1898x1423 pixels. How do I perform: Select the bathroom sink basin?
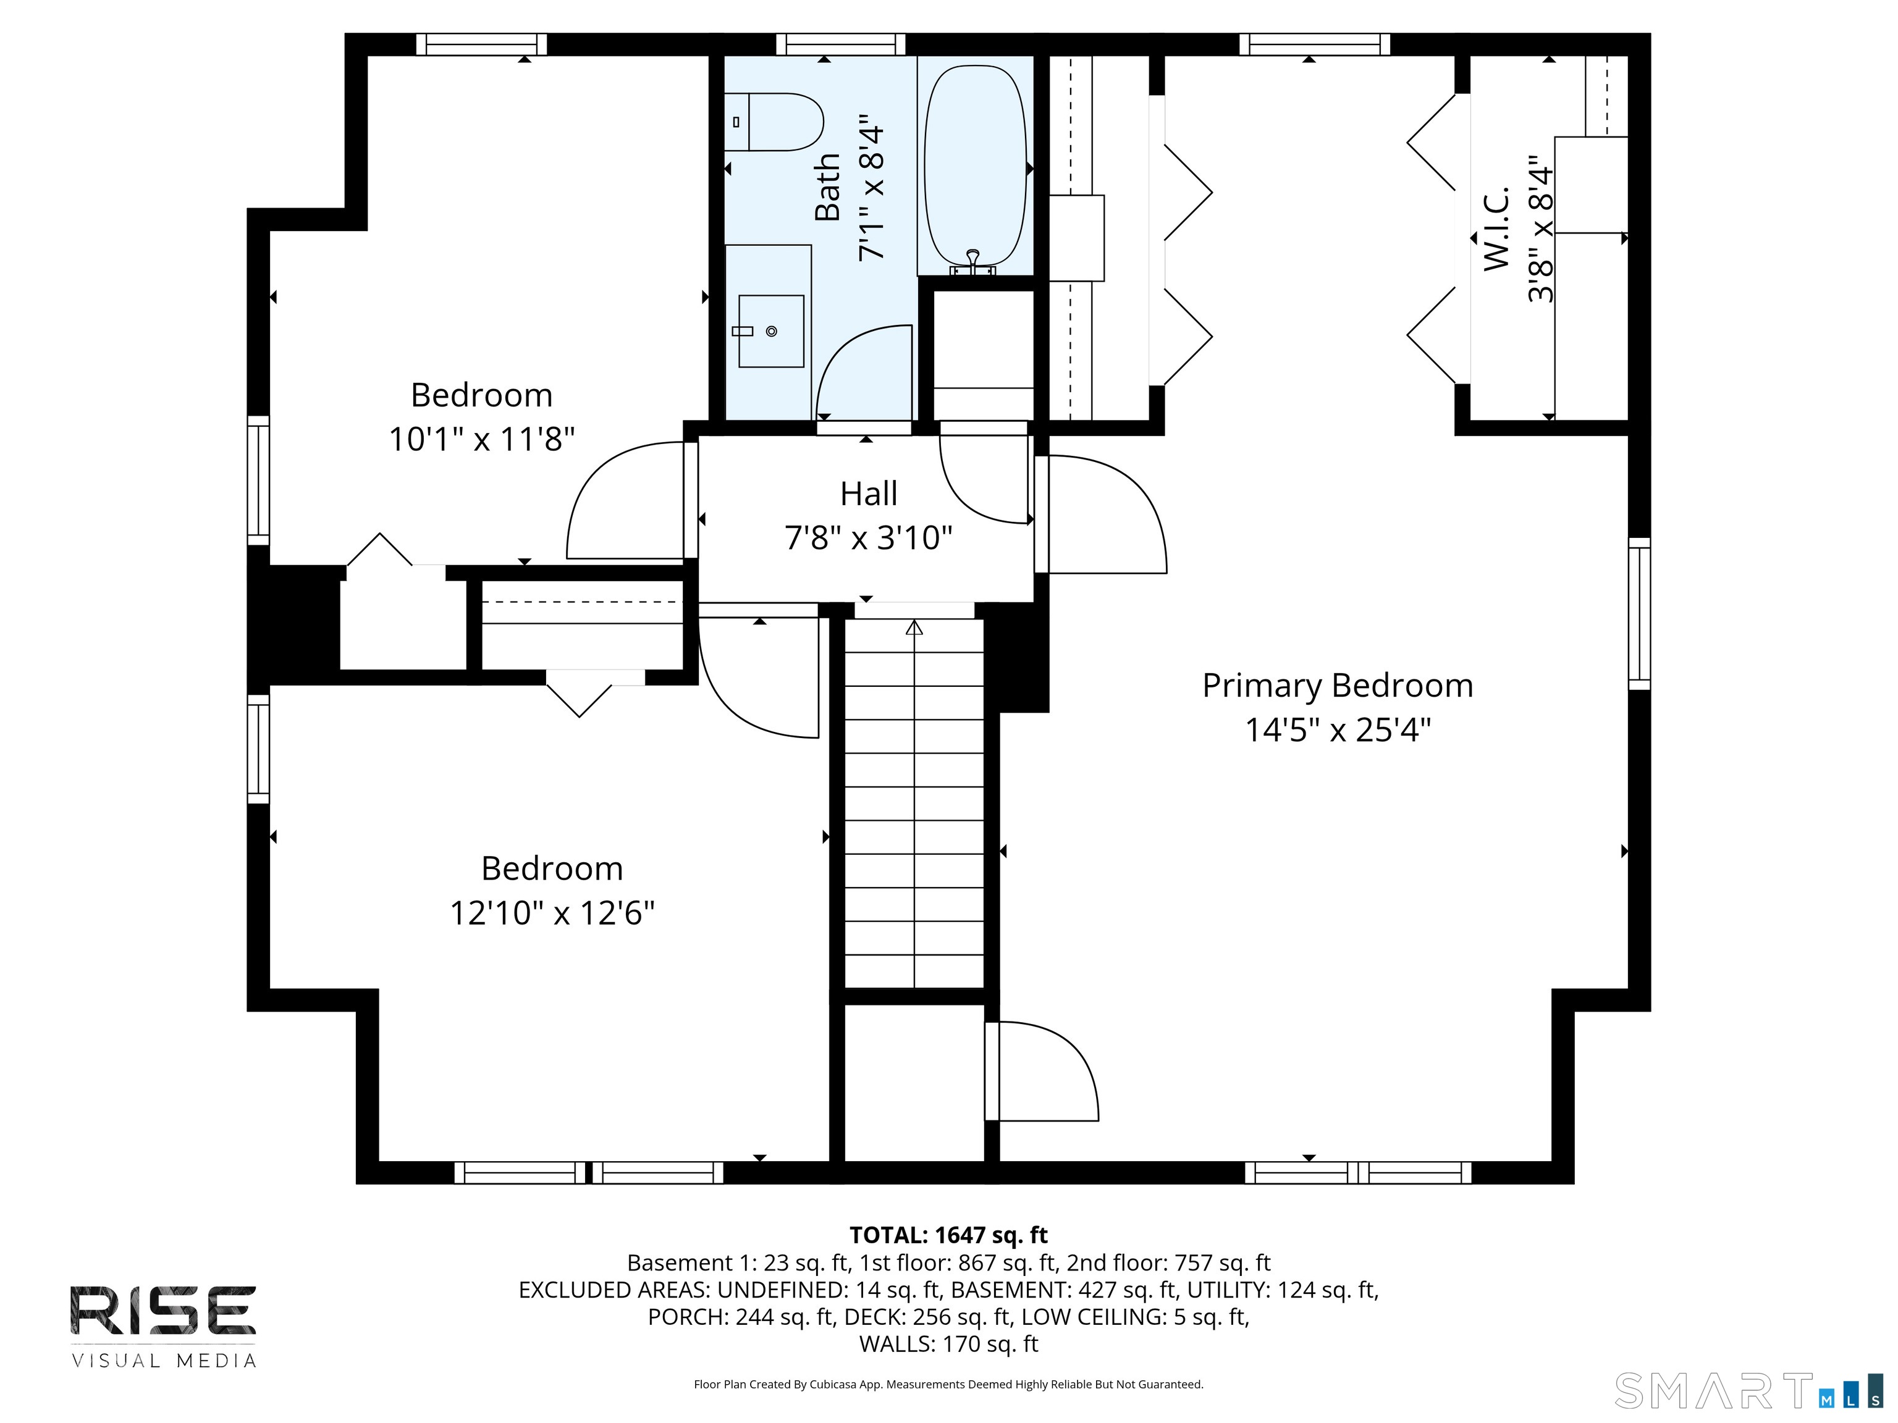(770, 331)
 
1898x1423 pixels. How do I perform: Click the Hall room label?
(868, 494)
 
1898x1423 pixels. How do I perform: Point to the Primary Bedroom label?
(1338, 686)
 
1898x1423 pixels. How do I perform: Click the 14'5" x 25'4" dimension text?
(1338, 730)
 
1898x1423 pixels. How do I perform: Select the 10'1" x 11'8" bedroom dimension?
(481, 439)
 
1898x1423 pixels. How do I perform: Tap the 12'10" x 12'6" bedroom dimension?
(552, 913)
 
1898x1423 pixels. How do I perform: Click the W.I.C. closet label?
(1496, 228)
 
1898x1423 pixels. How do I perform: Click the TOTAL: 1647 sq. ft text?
(948, 1235)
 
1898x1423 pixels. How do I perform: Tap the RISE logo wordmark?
(163, 1311)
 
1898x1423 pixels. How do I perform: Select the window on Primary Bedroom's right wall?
(1639, 613)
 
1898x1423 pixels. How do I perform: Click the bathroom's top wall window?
(841, 44)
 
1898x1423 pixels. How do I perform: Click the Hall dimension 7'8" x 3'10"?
(868, 539)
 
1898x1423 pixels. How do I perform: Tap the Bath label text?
(827, 187)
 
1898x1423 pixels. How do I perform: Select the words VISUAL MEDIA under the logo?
(164, 1361)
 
